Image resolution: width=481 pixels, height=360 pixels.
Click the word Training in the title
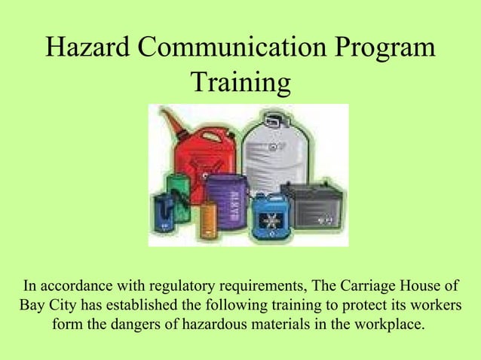click(x=240, y=82)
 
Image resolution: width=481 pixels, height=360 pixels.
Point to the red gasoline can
click(x=198, y=154)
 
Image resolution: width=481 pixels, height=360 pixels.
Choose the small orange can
click(x=207, y=223)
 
